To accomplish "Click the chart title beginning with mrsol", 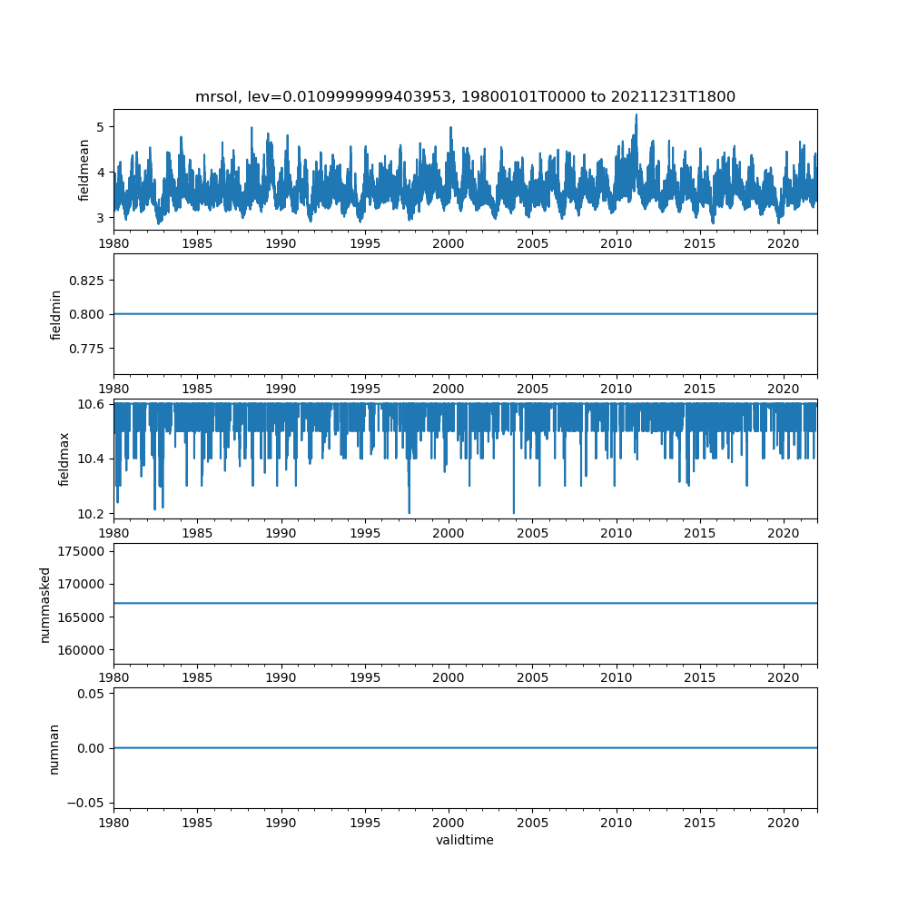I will tap(465, 96).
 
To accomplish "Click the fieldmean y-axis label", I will tap(84, 170).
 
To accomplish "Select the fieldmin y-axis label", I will tap(56, 314).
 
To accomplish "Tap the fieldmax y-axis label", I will tap(64, 459).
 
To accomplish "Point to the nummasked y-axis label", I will tap(44, 605).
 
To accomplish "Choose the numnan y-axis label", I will tap(54, 748).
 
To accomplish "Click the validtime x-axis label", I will tap(465, 840).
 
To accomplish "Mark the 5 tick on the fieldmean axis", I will tap(101, 126).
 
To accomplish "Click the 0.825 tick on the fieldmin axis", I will tap(88, 281).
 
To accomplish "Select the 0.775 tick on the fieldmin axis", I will tap(88, 349).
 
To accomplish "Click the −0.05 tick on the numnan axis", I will tap(88, 802).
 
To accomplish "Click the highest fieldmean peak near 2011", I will tap(637, 115).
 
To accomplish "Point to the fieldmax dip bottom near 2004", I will tap(514, 513).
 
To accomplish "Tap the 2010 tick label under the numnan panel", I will tap(617, 822).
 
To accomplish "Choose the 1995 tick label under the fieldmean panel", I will tap(365, 244).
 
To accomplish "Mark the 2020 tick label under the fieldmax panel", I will tap(784, 533).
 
